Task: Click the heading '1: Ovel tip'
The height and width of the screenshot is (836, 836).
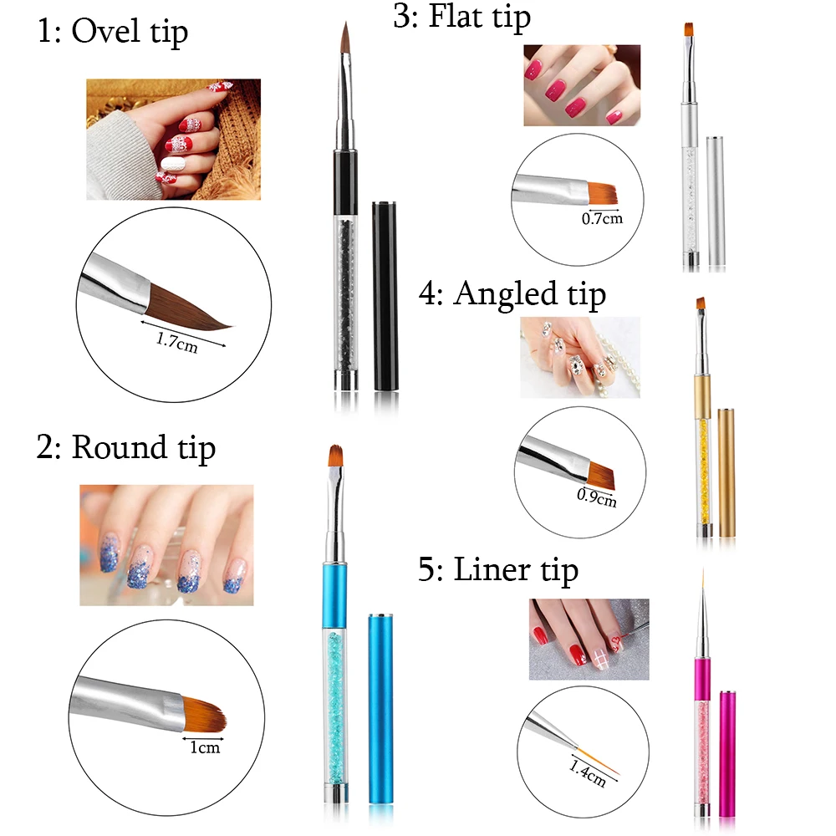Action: (x=113, y=32)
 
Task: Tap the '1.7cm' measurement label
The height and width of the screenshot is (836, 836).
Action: (x=177, y=342)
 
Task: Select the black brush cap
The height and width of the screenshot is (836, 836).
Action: (x=385, y=296)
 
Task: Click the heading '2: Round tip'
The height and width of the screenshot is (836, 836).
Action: (x=126, y=447)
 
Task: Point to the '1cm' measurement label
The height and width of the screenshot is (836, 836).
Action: (x=206, y=747)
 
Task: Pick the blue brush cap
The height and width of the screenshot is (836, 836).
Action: (x=381, y=710)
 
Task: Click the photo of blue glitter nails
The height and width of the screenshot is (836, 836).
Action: (x=167, y=545)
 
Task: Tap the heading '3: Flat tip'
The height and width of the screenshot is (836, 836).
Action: (x=461, y=17)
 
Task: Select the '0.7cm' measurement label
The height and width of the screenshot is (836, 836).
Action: (x=602, y=218)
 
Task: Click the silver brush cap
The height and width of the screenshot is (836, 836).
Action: (x=716, y=201)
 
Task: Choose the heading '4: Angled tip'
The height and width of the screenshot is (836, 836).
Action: (x=512, y=293)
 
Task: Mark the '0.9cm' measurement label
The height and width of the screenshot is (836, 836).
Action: (x=597, y=498)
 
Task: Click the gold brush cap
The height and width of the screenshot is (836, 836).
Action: (x=726, y=473)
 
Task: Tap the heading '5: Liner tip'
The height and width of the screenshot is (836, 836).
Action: (x=498, y=570)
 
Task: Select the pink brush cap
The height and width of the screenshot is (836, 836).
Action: (x=727, y=754)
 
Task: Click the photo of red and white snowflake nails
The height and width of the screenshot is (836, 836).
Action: (x=174, y=140)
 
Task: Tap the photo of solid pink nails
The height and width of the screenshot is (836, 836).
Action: (x=582, y=85)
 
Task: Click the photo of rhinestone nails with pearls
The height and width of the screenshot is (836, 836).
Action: (x=580, y=357)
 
